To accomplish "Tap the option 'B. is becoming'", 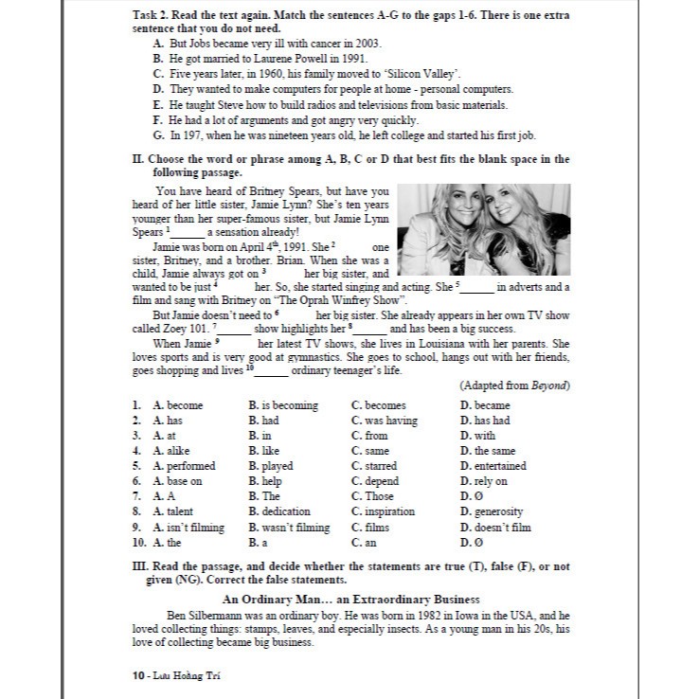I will tap(283, 405).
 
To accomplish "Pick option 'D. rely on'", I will tap(484, 481).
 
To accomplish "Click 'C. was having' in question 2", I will tap(384, 421).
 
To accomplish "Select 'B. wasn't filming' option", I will tap(289, 528).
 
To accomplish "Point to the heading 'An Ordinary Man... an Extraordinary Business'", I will tap(350, 600).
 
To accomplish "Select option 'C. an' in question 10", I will tap(364, 543).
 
